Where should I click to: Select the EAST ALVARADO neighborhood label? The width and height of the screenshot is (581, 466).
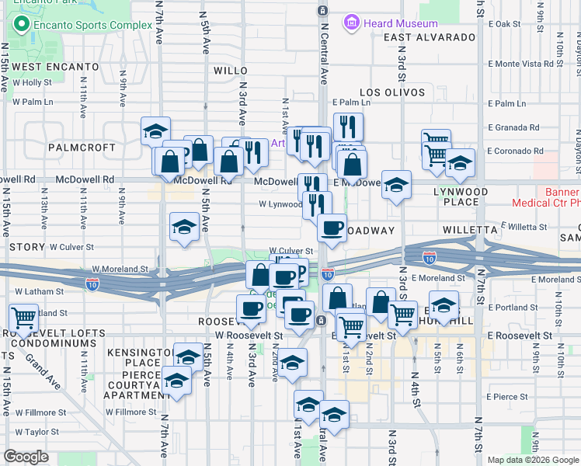(x=429, y=37)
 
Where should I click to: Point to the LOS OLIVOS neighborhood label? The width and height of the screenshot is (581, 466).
(x=391, y=92)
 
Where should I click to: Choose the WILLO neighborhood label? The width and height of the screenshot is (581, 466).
(x=230, y=70)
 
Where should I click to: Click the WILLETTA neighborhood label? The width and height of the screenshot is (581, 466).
(x=469, y=230)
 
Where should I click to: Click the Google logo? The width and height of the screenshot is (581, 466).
(x=26, y=457)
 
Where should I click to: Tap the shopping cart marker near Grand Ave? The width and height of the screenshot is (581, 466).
(x=23, y=317)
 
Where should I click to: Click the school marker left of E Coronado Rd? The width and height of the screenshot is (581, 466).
(x=460, y=162)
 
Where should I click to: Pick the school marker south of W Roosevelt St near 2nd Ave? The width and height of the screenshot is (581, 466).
(x=291, y=363)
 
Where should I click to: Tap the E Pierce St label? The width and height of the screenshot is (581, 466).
(x=506, y=397)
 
